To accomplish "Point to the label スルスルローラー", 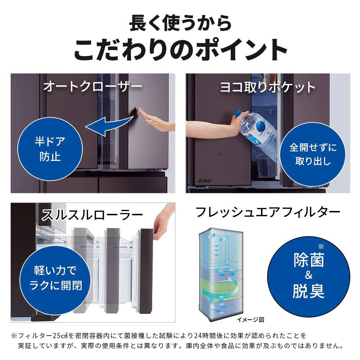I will (92, 215).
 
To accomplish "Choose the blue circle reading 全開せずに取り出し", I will (308, 154).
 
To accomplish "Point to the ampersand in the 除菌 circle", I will (308, 276).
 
